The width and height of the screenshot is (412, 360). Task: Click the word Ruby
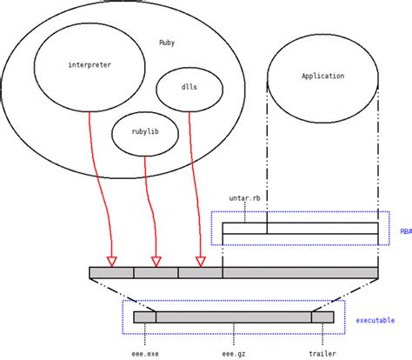(167, 43)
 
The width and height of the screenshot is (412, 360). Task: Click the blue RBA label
(405, 231)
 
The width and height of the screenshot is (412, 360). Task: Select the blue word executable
(375, 321)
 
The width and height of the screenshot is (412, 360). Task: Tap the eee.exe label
(145, 353)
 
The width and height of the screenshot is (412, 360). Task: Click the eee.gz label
(234, 353)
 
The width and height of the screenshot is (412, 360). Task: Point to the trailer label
(322, 353)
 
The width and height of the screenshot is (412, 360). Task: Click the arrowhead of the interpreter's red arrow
(111, 261)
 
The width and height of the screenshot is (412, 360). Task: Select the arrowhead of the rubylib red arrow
(156, 261)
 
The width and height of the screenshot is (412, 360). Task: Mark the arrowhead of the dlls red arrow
(201, 261)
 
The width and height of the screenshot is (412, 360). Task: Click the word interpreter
(90, 65)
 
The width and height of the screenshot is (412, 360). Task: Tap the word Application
(322, 77)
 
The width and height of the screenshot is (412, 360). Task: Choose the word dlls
(189, 87)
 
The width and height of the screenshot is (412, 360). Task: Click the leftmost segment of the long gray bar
(111, 273)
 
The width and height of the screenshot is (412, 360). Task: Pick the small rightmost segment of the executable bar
(322, 317)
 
